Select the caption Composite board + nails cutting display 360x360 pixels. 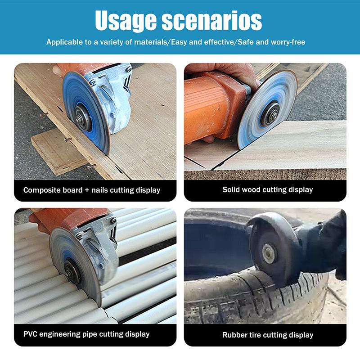click(x=92, y=190)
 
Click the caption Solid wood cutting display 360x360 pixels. click(x=267, y=189)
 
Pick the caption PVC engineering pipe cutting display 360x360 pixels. click(x=86, y=334)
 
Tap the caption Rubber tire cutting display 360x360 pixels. click(x=267, y=335)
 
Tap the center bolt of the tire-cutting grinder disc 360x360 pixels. click(x=268, y=254)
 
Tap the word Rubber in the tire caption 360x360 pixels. click(x=235, y=335)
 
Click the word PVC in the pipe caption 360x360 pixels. click(x=31, y=334)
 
